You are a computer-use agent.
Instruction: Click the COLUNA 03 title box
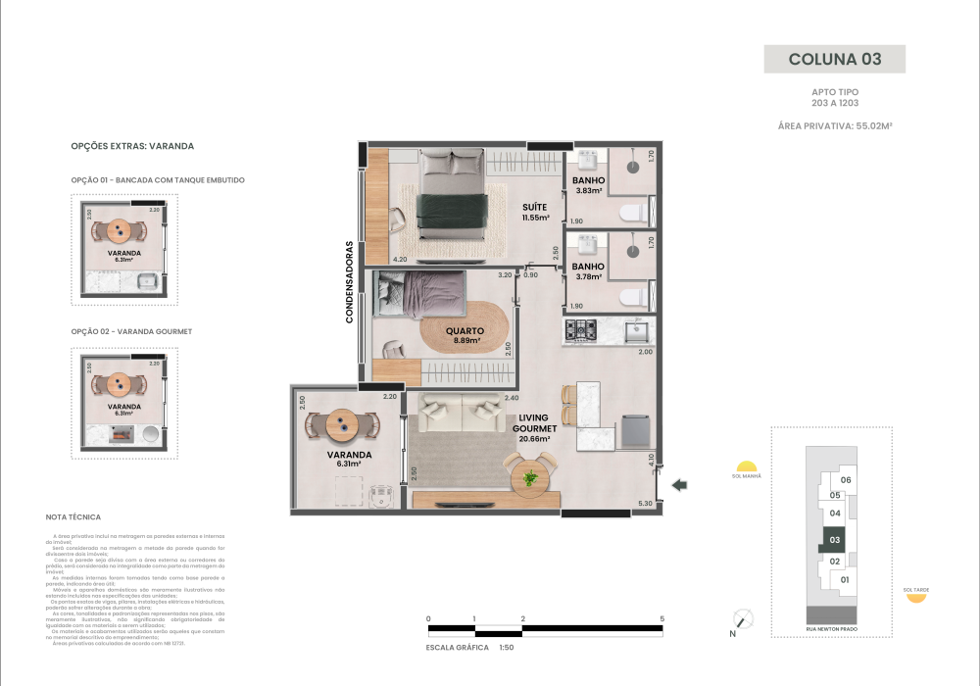point(834,59)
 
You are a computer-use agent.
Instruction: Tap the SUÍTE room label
point(535,212)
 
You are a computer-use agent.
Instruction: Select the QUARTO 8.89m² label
point(464,335)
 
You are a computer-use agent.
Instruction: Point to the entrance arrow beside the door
point(680,484)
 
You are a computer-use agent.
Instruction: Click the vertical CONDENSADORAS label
point(349,283)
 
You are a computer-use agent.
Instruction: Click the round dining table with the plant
point(530,478)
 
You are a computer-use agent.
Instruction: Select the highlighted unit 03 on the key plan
point(834,539)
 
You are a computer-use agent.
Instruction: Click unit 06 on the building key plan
point(846,480)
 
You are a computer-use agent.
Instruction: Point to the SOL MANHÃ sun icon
point(747,466)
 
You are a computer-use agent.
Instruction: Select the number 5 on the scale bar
point(662,619)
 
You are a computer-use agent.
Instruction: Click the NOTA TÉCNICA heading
point(73,516)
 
